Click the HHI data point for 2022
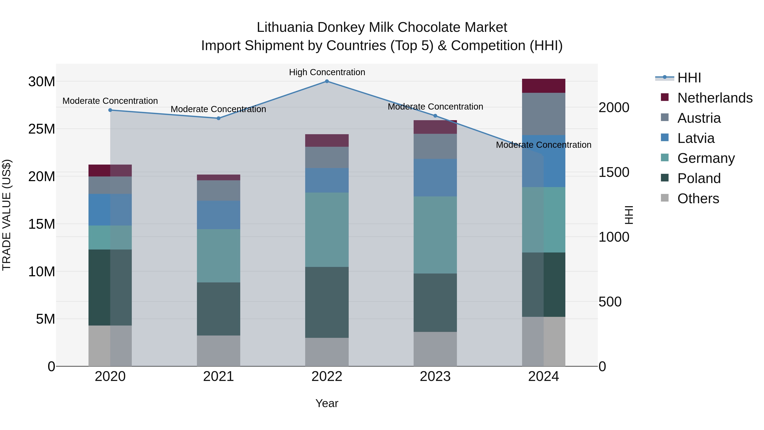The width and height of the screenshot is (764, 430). click(x=327, y=81)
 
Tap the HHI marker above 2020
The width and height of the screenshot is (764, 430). click(x=110, y=110)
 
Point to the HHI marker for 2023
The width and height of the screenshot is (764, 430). click(x=435, y=116)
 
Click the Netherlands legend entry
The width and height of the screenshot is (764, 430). click(x=715, y=98)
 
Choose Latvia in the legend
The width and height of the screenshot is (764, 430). click(x=696, y=138)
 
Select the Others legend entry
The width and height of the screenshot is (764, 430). click(x=698, y=198)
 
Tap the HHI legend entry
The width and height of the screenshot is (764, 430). click(x=689, y=78)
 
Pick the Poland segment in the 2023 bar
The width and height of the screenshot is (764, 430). click(x=435, y=302)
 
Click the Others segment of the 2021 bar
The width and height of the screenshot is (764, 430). click(x=219, y=351)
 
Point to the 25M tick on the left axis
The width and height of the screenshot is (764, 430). click(x=42, y=129)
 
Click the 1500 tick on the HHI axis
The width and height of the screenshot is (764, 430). click(x=614, y=172)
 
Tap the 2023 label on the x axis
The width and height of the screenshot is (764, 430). click(x=435, y=376)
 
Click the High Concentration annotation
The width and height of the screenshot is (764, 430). click(x=327, y=72)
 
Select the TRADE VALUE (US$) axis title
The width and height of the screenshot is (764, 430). click(x=7, y=215)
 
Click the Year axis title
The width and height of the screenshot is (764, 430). click(x=327, y=403)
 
